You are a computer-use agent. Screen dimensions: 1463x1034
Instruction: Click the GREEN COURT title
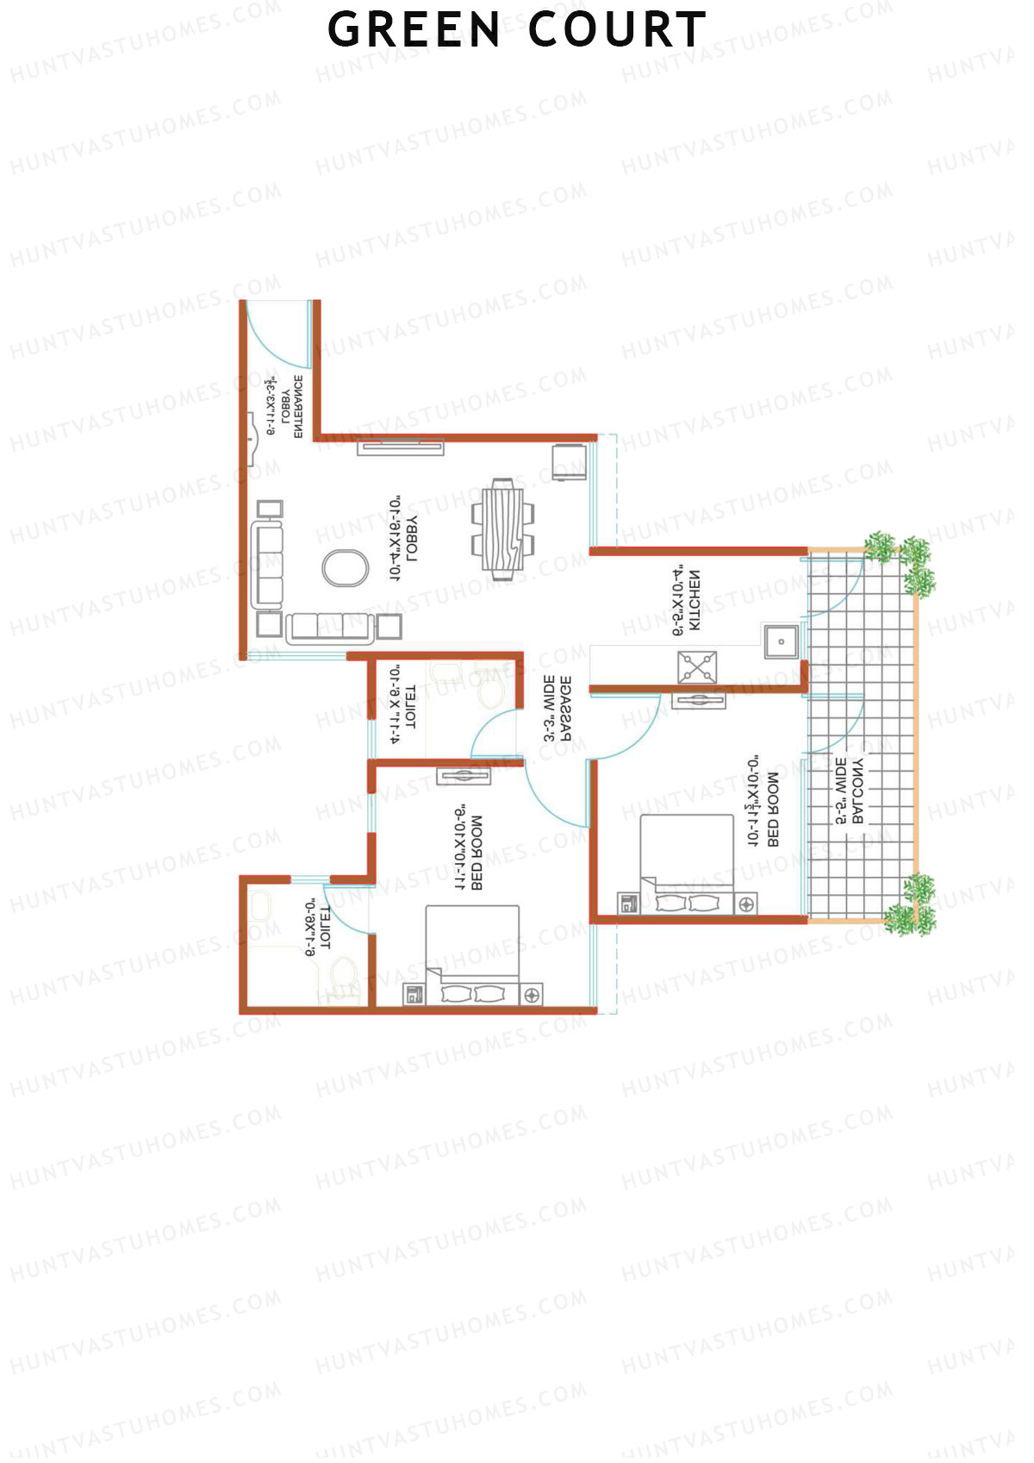coord(516,29)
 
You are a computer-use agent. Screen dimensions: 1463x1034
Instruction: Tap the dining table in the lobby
coord(502,528)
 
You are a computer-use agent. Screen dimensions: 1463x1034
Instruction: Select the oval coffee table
coord(345,568)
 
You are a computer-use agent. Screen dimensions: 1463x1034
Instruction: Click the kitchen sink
coord(781,641)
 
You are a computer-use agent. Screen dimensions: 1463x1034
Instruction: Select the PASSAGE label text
coord(557,709)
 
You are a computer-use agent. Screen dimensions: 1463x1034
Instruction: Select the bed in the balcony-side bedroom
coord(688,862)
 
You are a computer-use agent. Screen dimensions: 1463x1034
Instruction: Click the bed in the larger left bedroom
coord(472,953)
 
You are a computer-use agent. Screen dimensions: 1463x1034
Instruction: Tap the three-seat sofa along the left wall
coord(268,565)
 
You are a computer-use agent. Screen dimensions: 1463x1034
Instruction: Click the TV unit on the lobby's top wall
coord(401,447)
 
